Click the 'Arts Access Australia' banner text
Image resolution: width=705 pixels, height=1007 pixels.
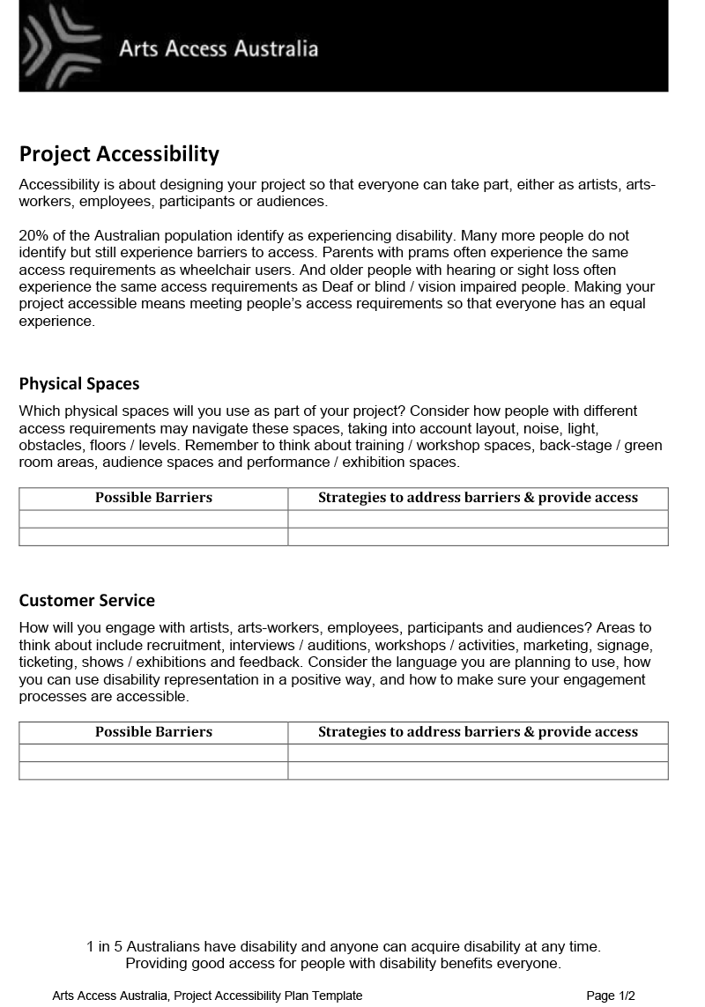pyautogui.click(x=219, y=48)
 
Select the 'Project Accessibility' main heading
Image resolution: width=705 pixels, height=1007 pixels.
pyautogui.click(x=119, y=154)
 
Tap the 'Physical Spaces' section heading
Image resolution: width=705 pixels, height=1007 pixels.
pyautogui.click(x=79, y=384)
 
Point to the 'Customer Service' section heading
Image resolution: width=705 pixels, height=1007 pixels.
pyautogui.click(x=86, y=601)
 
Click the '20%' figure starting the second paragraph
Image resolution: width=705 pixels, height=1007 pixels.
pyautogui.click(x=33, y=236)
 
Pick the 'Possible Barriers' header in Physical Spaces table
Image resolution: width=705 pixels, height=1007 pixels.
pyautogui.click(x=153, y=498)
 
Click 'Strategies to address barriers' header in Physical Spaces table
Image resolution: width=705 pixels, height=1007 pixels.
pyautogui.click(x=478, y=498)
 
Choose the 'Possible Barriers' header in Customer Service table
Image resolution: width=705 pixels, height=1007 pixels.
pyautogui.click(x=153, y=732)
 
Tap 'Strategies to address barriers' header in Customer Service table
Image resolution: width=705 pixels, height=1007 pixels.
pyautogui.click(x=478, y=732)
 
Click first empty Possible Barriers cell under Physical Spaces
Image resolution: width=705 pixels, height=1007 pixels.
pyautogui.click(x=153, y=519)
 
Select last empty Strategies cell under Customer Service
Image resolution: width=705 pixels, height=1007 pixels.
pyautogui.click(x=478, y=771)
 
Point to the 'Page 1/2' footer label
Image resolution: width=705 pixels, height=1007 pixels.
pyautogui.click(x=610, y=996)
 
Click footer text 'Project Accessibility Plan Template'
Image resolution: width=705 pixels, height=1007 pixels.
pyautogui.click(x=268, y=996)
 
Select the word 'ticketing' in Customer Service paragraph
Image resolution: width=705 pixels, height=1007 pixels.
pyautogui.click(x=47, y=663)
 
